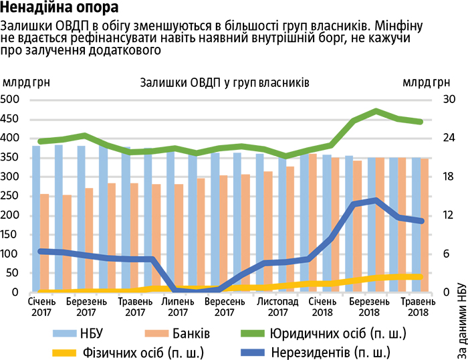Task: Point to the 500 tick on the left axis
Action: click(13, 100)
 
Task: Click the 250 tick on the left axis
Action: click(13, 196)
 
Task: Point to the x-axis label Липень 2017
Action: click(177, 306)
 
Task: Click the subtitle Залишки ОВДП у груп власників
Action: click(225, 83)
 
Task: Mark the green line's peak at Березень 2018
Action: click(377, 110)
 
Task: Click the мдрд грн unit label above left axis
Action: click(26, 83)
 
